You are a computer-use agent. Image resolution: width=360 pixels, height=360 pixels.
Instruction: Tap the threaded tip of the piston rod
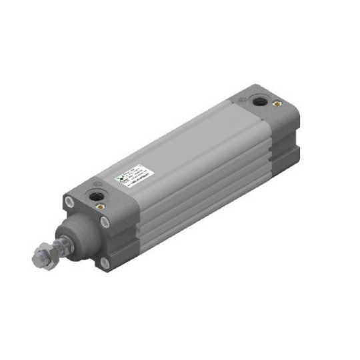click(36, 255)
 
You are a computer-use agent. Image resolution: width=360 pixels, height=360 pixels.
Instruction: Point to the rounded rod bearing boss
click(78, 234)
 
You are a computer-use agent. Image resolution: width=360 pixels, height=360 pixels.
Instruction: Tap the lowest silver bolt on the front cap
click(105, 263)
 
